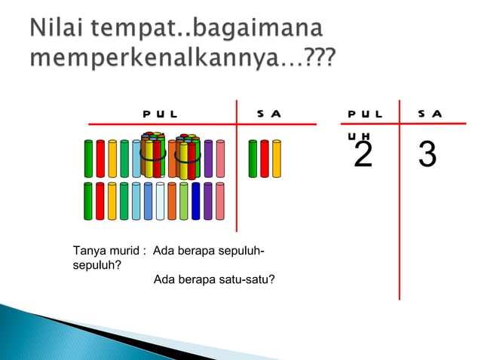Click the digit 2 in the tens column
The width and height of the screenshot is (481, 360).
pyautogui.click(x=363, y=156)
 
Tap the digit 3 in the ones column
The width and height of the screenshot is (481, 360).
pyautogui.click(x=427, y=156)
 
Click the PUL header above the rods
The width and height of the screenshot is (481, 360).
pyautogui.click(x=160, y=114)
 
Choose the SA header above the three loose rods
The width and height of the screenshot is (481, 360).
pyautogui.click(x=268, y=114)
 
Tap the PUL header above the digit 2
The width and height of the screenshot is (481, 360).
pyautogui.click(x=365, y=114)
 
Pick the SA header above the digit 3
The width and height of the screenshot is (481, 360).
pyautogui.click(x=430, y=114)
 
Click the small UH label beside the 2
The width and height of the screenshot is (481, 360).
pyautogui.click(x=354, y=136)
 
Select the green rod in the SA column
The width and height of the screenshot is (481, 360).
pyautogui.click(x=253, y=158)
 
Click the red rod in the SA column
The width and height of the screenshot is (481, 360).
pyautogui.click(x=265, y=158)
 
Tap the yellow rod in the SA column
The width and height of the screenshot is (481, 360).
pyautogui.click(x=277, y=158)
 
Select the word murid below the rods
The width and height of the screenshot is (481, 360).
pyautogui.click(x=124, y=251)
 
